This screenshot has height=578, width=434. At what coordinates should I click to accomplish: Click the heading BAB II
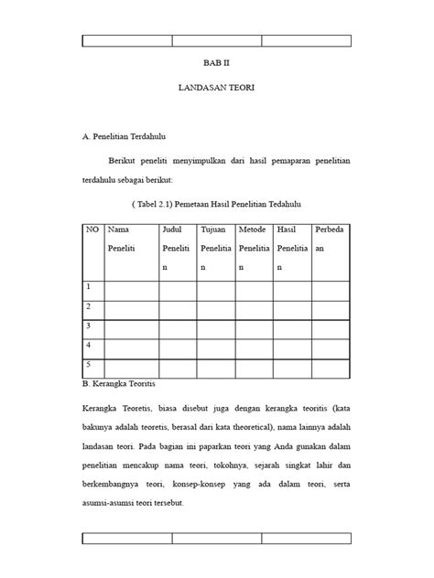(216, 67)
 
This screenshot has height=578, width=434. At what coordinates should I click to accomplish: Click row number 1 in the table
(89, 287)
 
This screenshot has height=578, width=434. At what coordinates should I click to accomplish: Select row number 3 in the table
(89, 326)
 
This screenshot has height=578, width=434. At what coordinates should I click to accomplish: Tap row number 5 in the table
(89, 364)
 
